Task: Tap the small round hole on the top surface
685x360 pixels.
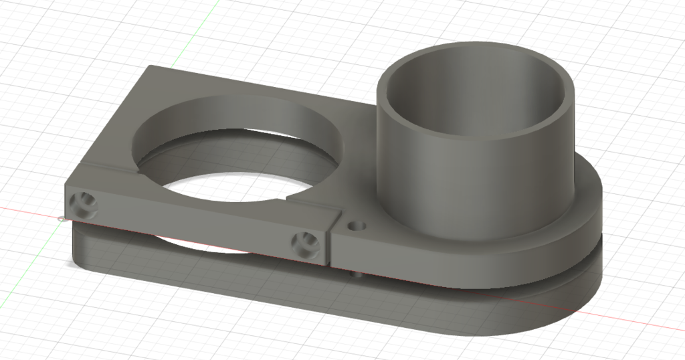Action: pyautogui.click(x=357, y=226)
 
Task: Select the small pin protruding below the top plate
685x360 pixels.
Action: pyautogui.click(x=355, y=273)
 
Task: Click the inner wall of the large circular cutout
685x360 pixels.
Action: pyautogui.click(x=234, y=114)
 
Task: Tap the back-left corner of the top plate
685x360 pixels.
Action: pyautogui.click(x=151, y=66)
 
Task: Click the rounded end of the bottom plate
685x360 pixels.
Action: pyautogui.click(x=562, y=308)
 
